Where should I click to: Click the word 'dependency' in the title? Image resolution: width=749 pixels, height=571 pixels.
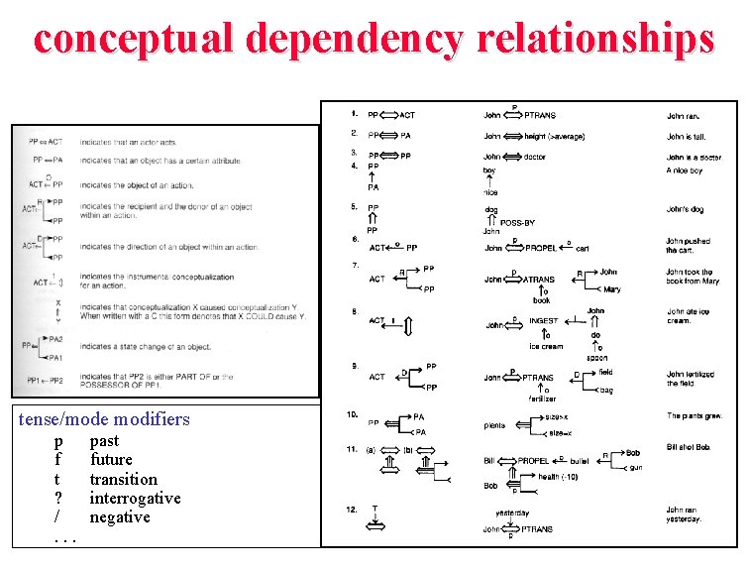(356, 39)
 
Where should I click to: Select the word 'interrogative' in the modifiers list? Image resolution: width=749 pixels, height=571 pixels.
(135, 499)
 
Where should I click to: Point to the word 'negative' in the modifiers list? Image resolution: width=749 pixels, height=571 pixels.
(120, 517)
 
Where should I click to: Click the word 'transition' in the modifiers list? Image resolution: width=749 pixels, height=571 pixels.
(123, 480)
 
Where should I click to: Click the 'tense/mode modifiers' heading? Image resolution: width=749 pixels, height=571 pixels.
(104, 419)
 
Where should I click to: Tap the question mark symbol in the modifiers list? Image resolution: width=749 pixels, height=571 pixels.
(58, 499)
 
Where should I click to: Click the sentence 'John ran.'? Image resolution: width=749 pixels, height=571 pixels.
(683, 116)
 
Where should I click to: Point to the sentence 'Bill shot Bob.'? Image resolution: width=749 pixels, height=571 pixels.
(689, 447)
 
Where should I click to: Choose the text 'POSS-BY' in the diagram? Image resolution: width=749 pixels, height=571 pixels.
(516, 224)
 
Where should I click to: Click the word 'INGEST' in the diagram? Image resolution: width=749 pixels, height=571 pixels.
(543, 320)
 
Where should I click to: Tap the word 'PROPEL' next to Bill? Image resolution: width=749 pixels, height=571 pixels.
(532, 461)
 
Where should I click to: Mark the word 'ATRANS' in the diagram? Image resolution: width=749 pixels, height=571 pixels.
(540, 280)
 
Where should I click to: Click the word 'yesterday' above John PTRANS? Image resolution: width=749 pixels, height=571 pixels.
(512, 513)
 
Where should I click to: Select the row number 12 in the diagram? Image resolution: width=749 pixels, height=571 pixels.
(352, 510)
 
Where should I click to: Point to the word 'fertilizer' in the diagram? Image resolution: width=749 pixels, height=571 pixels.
(541, 399)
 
